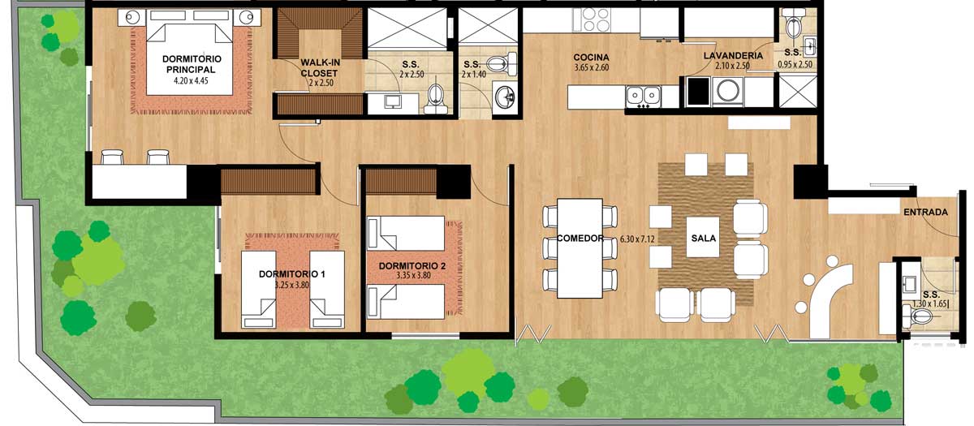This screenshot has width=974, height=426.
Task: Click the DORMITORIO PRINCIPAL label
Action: click(192, 64)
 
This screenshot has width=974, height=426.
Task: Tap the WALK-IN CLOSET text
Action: click(320, 68)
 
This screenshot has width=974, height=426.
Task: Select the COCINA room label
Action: click(591, 57)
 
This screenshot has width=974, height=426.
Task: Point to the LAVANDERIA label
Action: click(733, 56)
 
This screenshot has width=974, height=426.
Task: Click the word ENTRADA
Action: click(925, 212)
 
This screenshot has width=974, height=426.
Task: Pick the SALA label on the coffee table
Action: click(703, 239)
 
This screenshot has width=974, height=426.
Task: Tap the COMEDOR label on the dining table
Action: click(580, 239)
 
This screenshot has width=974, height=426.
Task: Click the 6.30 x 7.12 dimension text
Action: click(637, 239)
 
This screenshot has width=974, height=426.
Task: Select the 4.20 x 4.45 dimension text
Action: click(191, 80)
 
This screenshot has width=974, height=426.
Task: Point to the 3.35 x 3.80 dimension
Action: click(413, 275)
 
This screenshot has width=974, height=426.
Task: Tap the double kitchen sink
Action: click(643, 96)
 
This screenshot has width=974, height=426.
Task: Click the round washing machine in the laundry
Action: click(728, 91)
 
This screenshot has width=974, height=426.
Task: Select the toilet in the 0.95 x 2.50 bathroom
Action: click(794, 24)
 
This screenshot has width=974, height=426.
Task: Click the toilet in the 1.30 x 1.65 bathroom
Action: click(916, 316)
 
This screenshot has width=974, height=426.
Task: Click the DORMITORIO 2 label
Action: click(412, 265)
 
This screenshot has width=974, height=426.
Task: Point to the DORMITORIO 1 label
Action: click(291, 274)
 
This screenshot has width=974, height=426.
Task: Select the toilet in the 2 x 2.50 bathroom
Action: click(435, 98)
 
